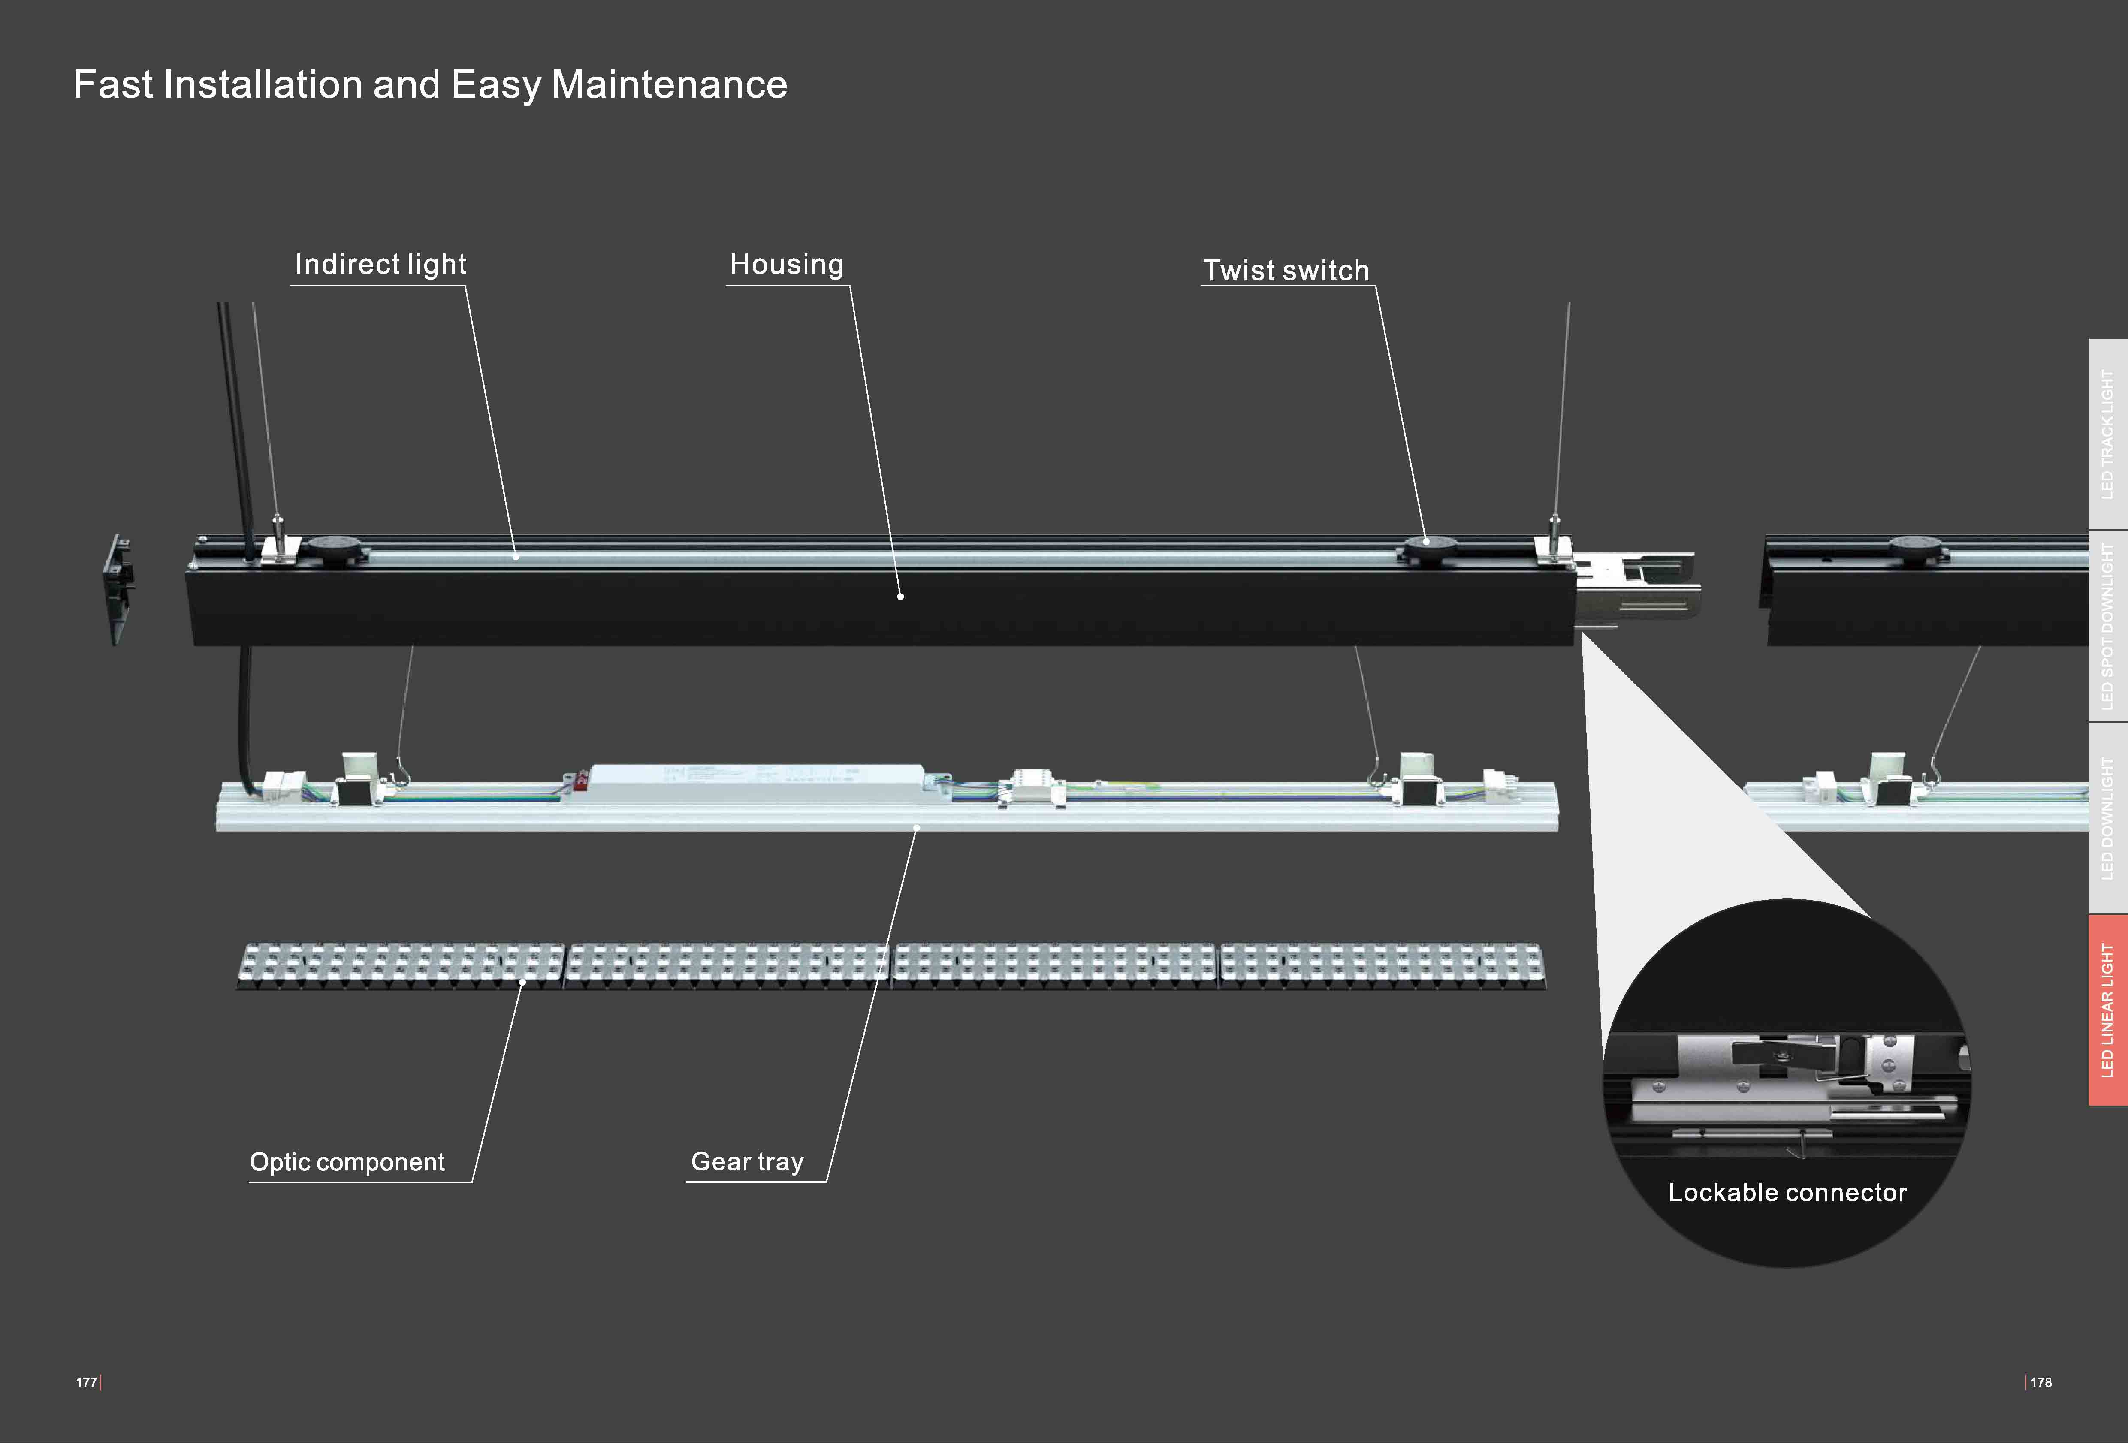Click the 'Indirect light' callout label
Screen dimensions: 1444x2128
tap(380, 265)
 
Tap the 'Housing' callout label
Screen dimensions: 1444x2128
tap(786, 265)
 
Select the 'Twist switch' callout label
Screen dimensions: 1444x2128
tap(1286, 271)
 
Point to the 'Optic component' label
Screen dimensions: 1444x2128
tap(347, 1162)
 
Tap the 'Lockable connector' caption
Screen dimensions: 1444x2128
tap(1787, 1192)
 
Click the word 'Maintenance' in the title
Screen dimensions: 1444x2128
tap(669, 85)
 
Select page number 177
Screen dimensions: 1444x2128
tap(86, 1383)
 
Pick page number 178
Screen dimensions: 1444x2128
tap(2041, 1383)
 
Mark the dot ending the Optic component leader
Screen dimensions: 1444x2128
tap(522, 983)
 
